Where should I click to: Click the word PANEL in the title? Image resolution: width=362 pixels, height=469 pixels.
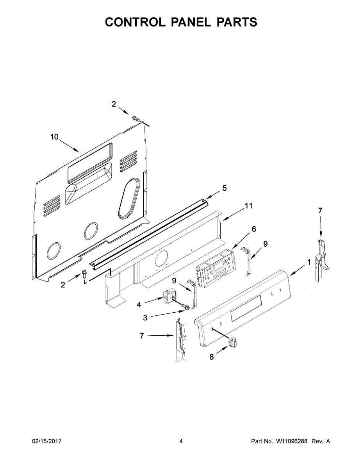tap(191, 22)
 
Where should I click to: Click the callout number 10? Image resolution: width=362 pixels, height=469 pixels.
tap(54, 137)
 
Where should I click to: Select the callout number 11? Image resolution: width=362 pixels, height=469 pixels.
tap(249, 206)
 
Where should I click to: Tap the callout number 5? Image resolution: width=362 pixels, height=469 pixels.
tap(225, 188)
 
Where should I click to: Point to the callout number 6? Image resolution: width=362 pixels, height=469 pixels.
tap(254, 229)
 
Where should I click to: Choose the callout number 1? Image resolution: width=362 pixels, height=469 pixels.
tap(309, 262)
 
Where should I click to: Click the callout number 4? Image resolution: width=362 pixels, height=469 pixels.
tap(139, 305)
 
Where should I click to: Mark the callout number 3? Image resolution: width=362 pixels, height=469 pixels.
tap(145, 317)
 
